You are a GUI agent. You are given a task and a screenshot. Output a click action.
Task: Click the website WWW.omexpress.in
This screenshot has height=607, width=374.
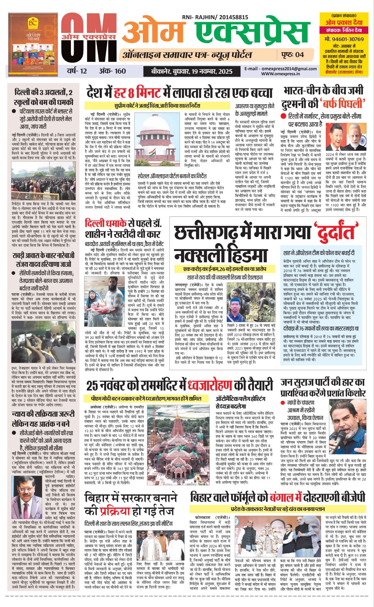(x=280, y=73)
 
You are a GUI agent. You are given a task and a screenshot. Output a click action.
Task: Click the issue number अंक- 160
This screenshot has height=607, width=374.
(x=112, y=71)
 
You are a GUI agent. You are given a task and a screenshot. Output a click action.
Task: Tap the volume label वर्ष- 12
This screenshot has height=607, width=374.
(x=77, y=71)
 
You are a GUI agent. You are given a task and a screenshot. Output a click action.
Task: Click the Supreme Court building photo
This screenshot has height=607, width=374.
(x=157, y=140)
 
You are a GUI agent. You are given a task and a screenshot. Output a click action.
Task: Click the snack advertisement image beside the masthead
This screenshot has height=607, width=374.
(x=33, y=45)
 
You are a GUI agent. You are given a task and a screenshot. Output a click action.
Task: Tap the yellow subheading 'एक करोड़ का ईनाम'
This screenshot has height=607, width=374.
(x=201, y=269)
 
